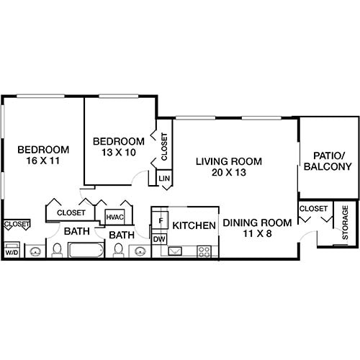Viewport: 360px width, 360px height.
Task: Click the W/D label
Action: (12, 253)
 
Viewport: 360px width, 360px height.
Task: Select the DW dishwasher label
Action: (159, 239)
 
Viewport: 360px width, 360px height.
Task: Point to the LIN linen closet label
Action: (163, 178)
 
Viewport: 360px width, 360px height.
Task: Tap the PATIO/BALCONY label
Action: (332, 161)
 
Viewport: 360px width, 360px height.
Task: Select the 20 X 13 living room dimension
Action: (229, 174)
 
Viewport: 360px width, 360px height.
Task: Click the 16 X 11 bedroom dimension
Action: (43, 161)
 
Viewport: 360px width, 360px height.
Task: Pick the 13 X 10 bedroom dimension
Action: (119, 153)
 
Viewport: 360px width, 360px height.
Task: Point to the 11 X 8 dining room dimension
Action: (257, 235)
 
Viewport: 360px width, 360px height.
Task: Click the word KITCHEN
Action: (194, 225)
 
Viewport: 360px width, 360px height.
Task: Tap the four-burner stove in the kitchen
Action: (204, 251)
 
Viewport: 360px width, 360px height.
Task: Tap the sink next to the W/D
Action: (34, 251)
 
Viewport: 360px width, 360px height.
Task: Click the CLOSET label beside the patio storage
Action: (313, 209)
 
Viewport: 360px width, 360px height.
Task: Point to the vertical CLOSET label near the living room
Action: (164, 146)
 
